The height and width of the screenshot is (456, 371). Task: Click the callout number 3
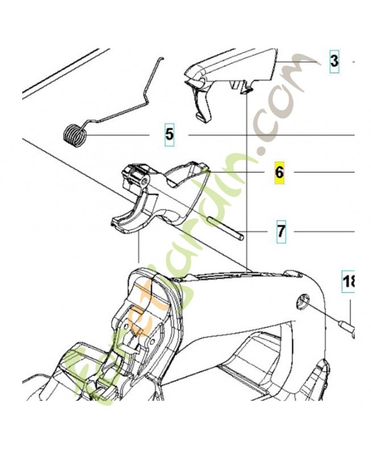point(334,62)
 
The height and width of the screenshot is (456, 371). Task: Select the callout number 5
point(170,135)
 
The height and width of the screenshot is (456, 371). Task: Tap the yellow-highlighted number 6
point(279,173)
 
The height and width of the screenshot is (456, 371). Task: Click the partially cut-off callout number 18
point(348,282)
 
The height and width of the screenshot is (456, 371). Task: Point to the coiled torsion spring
point(75,136)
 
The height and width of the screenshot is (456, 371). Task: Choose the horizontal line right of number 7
point(325,232)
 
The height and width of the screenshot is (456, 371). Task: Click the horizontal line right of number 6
point(324,173)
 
